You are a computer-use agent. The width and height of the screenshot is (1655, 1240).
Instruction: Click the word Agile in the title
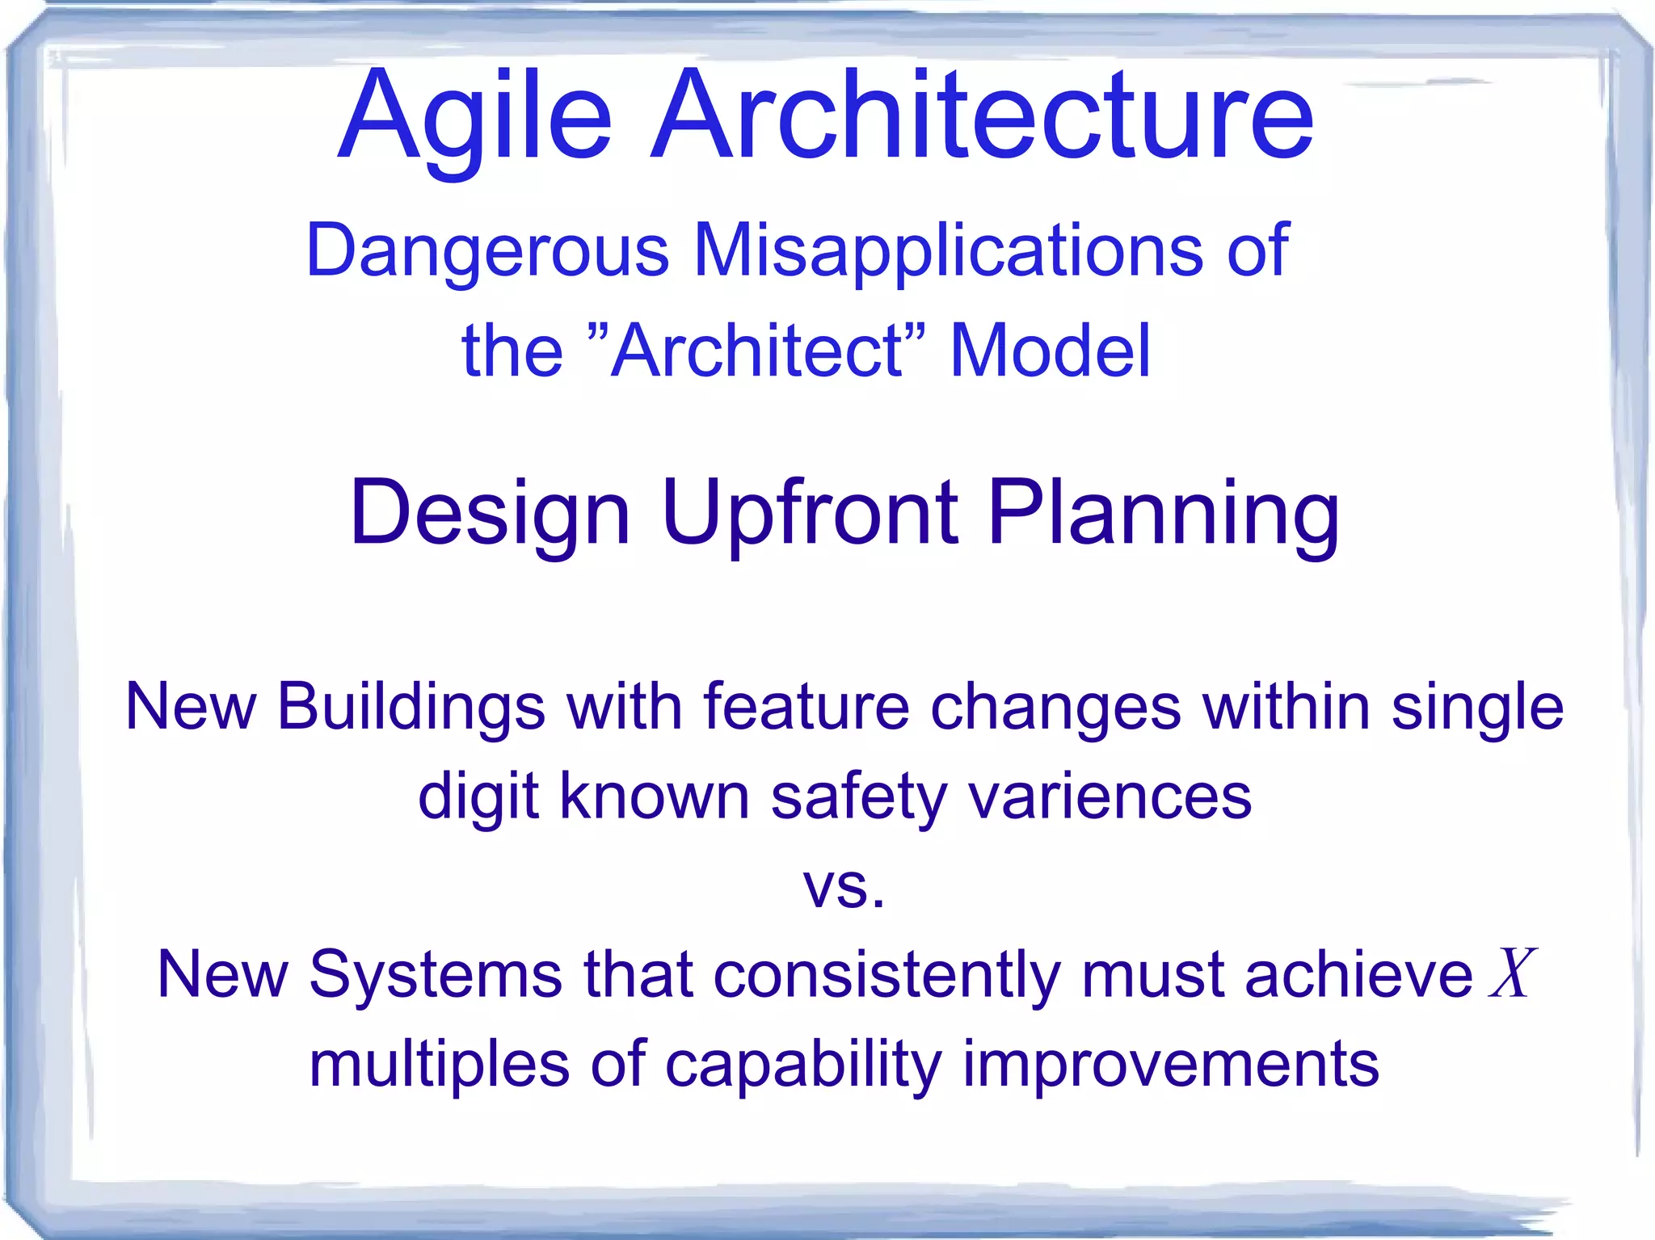point(474,117)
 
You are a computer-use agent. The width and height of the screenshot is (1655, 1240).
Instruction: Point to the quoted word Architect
point(758,351)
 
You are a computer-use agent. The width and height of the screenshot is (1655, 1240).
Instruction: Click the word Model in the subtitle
point(1049,351)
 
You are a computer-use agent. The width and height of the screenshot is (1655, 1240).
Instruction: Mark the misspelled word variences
point(1110,797)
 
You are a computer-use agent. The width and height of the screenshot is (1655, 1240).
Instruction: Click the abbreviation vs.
point(843,888)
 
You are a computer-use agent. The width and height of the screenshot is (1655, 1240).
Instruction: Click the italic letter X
point(1510,974)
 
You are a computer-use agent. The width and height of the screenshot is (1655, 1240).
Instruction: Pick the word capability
point(802,1065)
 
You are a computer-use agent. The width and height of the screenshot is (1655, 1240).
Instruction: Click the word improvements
point(1170,1065)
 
